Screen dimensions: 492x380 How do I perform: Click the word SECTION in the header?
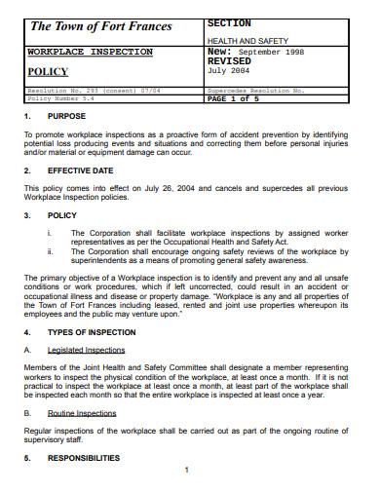pyautogui.click(x=229, y=22)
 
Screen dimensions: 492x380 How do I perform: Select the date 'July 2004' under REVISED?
pyautogui.click(x=230, y=70)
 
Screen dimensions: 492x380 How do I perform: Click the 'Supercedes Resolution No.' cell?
pyautogui.click(x=256, y=90)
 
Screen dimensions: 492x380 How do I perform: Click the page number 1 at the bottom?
pyautogui.click(x=185, y=470)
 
